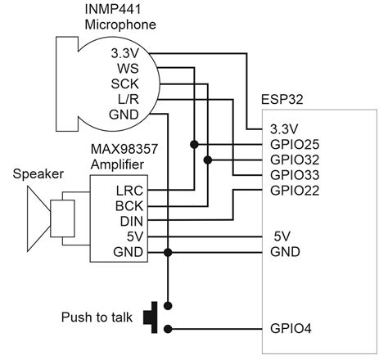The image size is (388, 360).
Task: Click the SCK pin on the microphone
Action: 124,83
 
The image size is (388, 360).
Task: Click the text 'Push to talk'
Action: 98,316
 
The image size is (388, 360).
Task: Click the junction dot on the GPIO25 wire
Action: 194,145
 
